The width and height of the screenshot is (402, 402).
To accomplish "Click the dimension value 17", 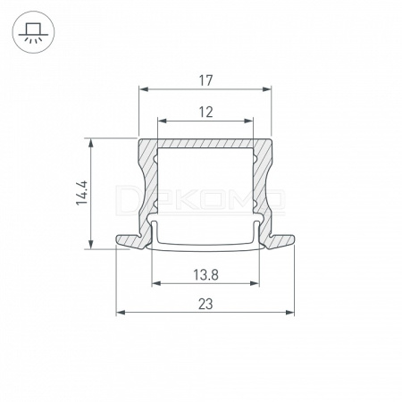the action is coord(205,80).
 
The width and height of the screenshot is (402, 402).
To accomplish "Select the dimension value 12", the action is coord(205,113).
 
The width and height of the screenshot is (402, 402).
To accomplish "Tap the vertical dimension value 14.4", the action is coord(81,193).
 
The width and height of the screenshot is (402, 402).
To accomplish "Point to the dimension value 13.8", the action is coord(205,275).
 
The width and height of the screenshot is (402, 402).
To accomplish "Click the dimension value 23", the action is coord(205,305).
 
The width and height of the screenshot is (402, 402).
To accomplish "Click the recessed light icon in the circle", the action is coord(33,33).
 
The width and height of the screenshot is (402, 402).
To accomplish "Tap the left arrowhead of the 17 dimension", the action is coord(144,89).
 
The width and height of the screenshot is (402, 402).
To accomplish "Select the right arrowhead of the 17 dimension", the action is coord(267,89).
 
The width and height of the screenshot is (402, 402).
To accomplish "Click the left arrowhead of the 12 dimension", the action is coord(162,121).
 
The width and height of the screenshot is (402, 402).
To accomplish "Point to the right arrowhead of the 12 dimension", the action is coord(248,121).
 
